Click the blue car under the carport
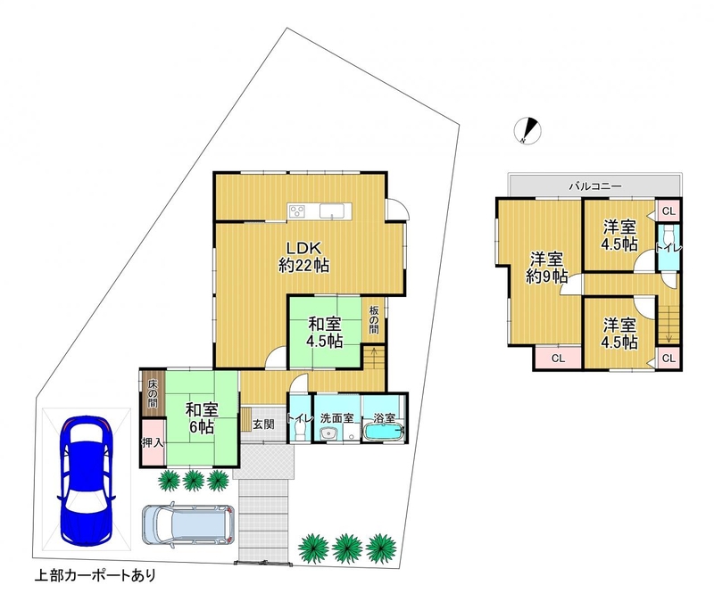pyautogui.click(x=86, y=481)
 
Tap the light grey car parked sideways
pyautogui.click(x=188, y=524)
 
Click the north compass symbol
pyautogui.click(x=527, y=130)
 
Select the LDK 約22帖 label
pyautogui.click(x=303, y=257)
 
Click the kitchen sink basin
pyautogui.click(x=332, y=211)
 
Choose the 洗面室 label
pyautogui.click(x=336, y=418)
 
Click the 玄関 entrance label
pyautogui.click(x=263, y=425)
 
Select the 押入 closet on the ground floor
pyautogui.click(x=153, y=442)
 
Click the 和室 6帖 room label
pyautogui.click(x=202, y=418)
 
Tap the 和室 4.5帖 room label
pyautogui.click(x=324, y=333)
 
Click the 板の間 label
pyautogui.click(x=374, y=320)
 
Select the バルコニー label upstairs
pyautogui.click(x=594, y=186)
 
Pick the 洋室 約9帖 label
pyautogui.click(x=546, y=268)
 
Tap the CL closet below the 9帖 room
pyautogui.click(x=559, y=359)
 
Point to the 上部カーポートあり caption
pyautogui.click(x=95, y=576)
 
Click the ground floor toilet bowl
pyautogui.click(x=300, y=430)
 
